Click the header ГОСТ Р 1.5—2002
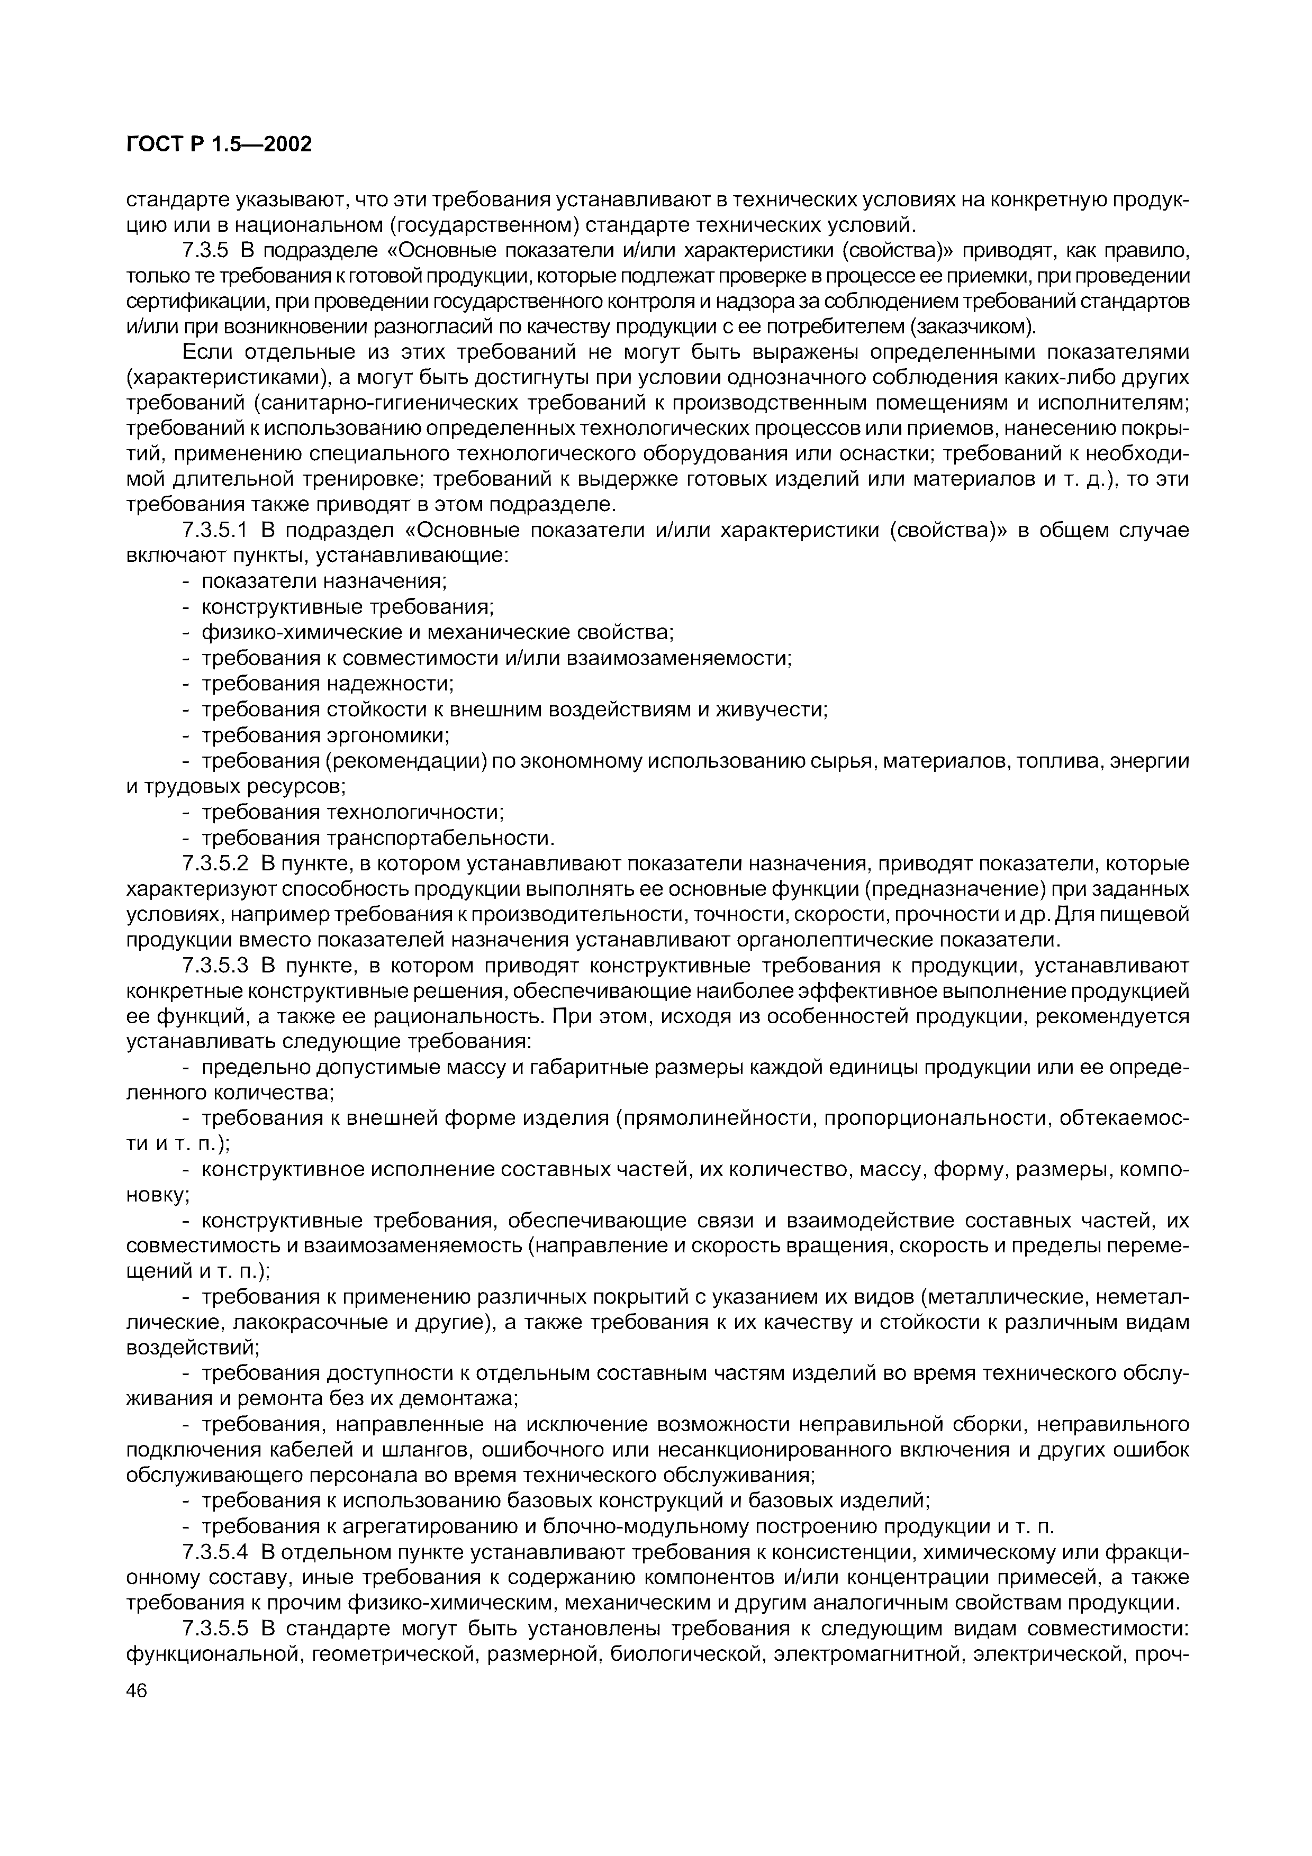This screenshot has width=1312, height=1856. [x=218, y=144]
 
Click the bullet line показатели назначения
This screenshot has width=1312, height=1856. [x=323, y=581]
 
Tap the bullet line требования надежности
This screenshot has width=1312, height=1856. [x=328, y=684]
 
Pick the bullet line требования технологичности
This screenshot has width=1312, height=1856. [x=352, y=812]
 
